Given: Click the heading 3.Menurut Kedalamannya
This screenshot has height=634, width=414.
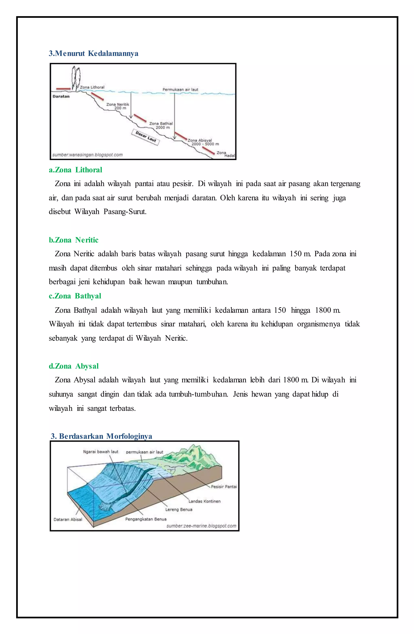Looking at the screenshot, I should [93, 54].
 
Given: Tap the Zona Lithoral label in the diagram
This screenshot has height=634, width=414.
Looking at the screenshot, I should [92, 87].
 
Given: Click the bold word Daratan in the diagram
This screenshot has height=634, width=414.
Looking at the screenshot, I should [61, 96].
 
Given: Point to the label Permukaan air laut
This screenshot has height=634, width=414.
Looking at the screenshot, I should [180, 89].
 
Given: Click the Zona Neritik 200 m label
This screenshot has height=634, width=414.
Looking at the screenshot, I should [118, 106].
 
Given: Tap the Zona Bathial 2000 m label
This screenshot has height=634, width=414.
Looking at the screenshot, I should [161, 126].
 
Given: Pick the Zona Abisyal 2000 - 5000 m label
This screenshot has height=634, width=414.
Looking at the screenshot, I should [203, 142].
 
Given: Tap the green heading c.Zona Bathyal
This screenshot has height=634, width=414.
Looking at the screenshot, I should [75, 296].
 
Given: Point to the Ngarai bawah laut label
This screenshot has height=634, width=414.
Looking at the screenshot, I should [101, 452].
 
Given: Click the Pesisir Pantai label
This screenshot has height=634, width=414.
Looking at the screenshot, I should [224, 486].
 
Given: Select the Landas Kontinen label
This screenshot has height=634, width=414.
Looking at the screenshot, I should [204, 501].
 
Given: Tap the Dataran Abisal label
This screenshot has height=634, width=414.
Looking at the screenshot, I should [68, 519].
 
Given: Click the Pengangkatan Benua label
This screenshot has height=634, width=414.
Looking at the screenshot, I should [146, 519].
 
